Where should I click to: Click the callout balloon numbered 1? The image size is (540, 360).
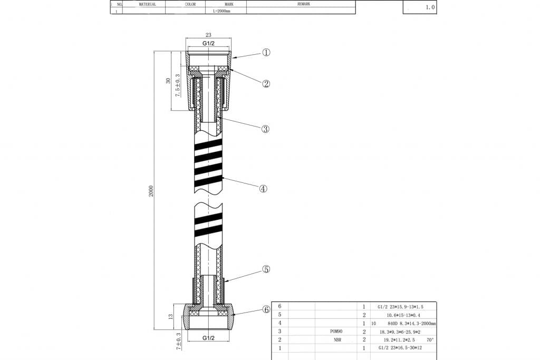[266, 53]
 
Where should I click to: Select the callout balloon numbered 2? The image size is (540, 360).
[266, 83]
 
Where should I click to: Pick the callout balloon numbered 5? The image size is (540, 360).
[266, 269]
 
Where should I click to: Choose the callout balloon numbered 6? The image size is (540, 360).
[266, 310]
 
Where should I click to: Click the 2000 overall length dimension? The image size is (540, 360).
[151, 190]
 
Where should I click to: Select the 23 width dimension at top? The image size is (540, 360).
[208, 35]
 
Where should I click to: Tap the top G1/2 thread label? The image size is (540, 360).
[208, 43]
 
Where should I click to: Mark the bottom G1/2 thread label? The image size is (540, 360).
[208, 338]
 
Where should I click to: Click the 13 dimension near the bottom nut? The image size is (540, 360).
[170, 316]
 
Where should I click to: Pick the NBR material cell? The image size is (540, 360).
[337, 340]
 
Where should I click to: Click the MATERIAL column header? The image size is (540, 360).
[147, 4]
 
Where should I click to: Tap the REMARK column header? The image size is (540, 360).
[304, 4]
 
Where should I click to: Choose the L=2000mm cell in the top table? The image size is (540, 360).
[221, 11]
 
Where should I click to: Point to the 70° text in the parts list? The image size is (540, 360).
[430, 340]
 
